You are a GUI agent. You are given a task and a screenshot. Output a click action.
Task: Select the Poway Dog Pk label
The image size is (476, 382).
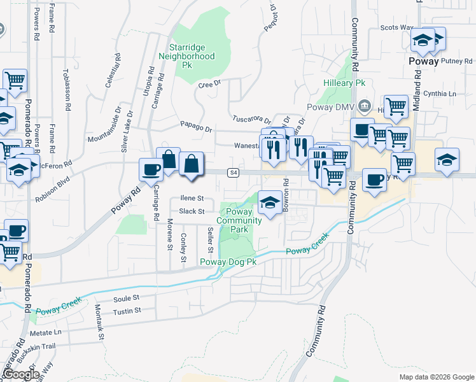pos(228,262)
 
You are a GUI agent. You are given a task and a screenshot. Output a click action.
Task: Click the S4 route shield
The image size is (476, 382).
pos(234,173)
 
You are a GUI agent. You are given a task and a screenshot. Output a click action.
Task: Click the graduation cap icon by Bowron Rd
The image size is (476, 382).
pos(270,202)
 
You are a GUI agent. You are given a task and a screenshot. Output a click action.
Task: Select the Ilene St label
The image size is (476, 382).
pos(192,199)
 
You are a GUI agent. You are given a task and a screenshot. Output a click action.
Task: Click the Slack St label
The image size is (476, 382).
pos(192,211)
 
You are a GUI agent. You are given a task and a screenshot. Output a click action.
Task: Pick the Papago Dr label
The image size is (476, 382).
pos(195,128)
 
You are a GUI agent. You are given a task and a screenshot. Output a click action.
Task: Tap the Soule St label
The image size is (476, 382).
pos(126,298)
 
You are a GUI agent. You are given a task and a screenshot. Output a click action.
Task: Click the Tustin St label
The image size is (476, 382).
pos(126,311)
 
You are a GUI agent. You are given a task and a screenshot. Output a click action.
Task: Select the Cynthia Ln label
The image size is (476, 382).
pos(444,94)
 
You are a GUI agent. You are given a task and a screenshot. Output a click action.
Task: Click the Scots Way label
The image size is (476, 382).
pos(396,28)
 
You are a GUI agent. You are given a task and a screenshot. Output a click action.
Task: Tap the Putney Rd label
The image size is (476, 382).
pos(454,61)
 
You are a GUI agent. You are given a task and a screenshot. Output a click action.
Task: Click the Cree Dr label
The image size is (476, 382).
pos(209,83)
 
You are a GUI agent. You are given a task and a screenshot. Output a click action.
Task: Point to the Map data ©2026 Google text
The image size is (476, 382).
pos(436,377)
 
